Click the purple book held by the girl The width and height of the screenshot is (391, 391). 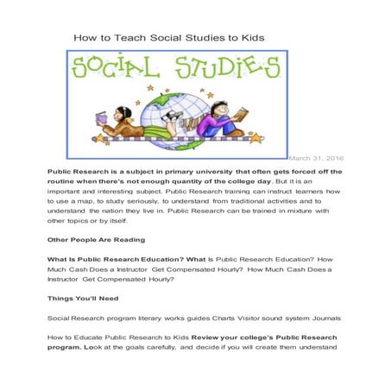[102, 118]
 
